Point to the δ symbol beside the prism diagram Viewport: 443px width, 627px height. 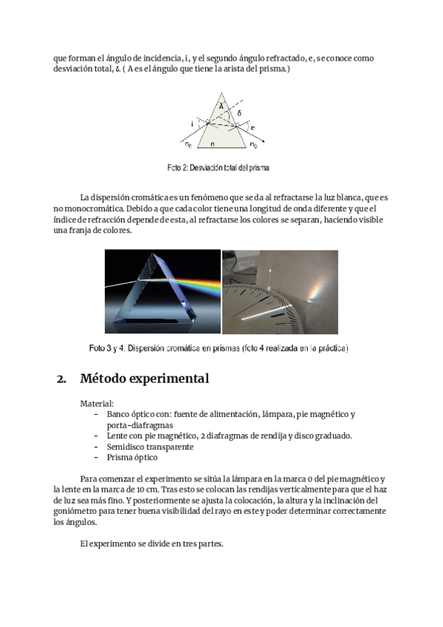(238, 113)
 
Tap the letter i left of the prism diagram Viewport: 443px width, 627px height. (193, 124)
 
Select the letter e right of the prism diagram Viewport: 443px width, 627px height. (253, 128)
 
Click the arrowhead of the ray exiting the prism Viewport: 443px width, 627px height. (264, 141)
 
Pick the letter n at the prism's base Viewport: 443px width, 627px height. (213, 143)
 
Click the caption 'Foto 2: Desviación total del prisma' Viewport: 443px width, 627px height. (218, 168)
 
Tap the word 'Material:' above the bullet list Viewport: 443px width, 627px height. (97, 404)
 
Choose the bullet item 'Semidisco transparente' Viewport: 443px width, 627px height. (150, 447)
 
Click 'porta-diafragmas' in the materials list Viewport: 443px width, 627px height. (140, 425)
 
